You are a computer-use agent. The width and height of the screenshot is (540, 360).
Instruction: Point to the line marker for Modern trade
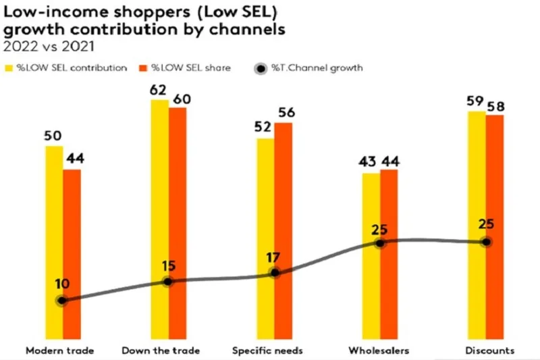(62, 301)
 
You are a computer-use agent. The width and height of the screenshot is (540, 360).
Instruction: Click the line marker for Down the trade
(168, 282)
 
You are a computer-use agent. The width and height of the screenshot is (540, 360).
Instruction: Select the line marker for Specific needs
(275, 272)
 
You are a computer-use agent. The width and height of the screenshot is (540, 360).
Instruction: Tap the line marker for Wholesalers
(380, 242)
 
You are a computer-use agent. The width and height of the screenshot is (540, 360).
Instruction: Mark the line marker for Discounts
(485, 242)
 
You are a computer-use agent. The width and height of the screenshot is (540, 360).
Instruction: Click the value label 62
(159, 89)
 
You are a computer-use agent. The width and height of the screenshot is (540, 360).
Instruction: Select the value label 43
(370, 163)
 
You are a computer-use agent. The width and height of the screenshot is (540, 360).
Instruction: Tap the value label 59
(475, 101)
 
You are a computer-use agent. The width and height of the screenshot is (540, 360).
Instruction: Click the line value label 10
(62, 283)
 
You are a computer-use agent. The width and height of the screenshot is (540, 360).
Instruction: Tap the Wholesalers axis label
(379, 351)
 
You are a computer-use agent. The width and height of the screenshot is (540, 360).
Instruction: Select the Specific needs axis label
(267, 351)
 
